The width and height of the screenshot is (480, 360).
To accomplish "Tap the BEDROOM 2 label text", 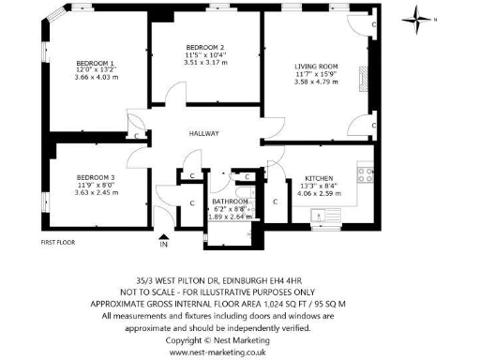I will (x=204, y=48).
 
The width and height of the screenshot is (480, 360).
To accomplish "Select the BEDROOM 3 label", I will (x=96, y=177).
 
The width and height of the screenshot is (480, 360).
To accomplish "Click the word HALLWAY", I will (x=202, y=134).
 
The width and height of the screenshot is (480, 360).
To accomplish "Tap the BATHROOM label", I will (x=230, y=202).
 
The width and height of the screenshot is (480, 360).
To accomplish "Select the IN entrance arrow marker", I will (x=164, y=241).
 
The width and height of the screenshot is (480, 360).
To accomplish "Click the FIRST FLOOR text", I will (x=58, y=242).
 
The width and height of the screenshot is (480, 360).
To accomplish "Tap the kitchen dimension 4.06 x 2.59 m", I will (x=322, y=194).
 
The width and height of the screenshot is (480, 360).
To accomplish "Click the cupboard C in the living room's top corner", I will (x=373, y=22).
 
